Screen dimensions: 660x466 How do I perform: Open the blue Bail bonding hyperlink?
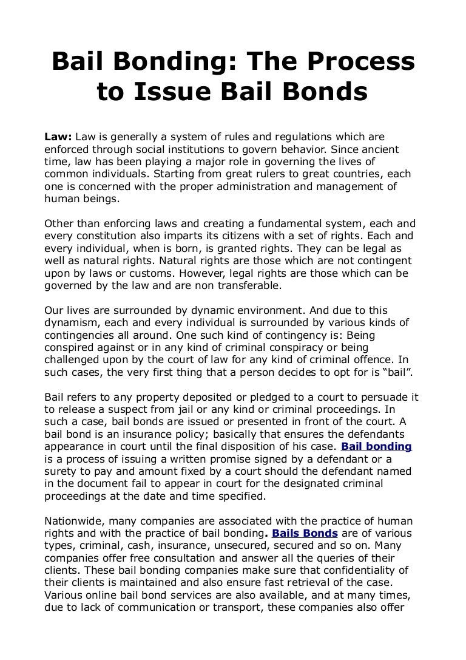tap(377, 446)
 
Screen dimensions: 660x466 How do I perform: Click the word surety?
tap(61, 471)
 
